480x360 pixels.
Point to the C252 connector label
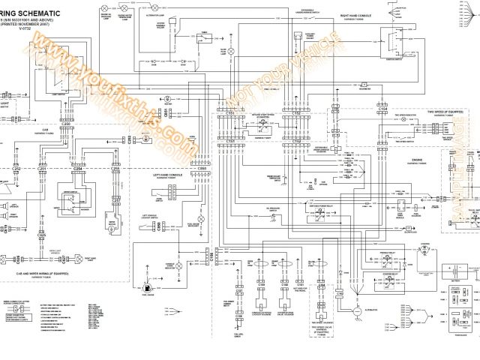17,169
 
